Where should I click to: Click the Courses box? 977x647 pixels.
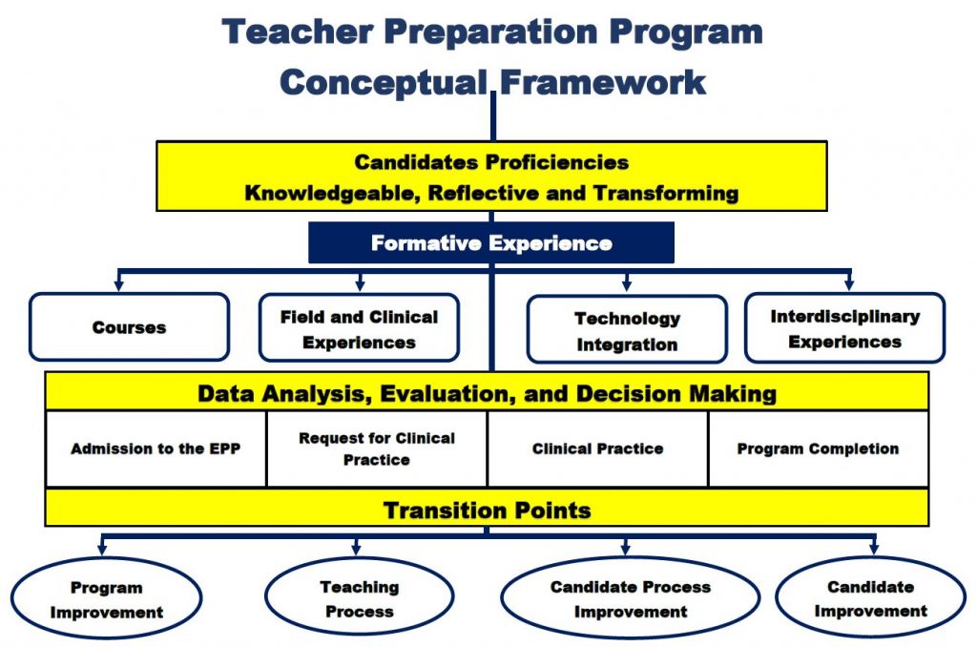129,327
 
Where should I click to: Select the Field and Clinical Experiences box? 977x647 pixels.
359,328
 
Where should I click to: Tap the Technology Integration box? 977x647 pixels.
627,330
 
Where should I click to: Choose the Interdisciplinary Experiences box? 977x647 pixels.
844,328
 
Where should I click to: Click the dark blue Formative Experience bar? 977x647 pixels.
490,243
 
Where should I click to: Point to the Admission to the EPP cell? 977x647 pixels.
156,449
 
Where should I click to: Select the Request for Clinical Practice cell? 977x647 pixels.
377,449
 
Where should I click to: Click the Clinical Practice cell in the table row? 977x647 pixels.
597,449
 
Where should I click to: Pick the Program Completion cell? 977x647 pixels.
818,449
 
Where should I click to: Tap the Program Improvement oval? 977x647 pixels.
107,599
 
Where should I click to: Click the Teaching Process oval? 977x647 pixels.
359,599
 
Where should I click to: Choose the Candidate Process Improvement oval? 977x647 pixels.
630,599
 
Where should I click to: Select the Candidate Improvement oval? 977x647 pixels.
870,599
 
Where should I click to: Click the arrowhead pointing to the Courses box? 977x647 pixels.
118,283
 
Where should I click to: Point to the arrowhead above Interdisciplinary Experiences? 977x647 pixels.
848,283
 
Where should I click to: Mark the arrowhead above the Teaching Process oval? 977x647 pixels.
356,549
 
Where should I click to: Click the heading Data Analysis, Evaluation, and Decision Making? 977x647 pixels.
487,393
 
